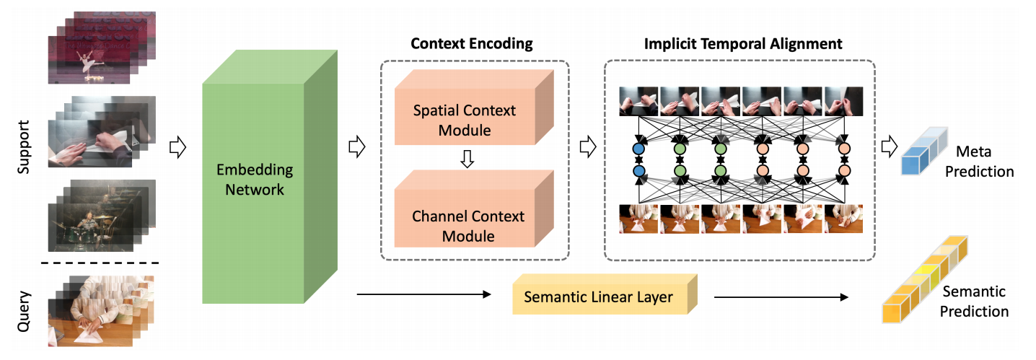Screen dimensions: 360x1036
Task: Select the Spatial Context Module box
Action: coord(464,120)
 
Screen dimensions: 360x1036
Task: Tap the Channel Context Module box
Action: coord(464,226)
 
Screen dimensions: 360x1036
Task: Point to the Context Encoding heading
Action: coord(471,44)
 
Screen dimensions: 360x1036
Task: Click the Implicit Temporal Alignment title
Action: coord(742,44)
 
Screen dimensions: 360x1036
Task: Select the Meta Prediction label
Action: coord(980,162)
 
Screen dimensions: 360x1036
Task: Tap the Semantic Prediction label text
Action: coord(974,302)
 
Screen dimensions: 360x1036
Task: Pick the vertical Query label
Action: coord(23,311)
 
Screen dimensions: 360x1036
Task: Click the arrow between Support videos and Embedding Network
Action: coord(175,148)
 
